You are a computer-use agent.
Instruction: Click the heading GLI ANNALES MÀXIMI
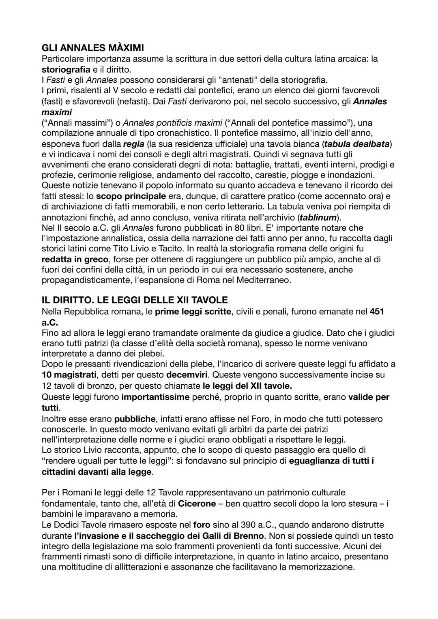[92, 48]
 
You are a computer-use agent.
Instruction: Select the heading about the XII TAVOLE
[134, 300]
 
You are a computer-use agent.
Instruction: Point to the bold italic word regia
[134, 144]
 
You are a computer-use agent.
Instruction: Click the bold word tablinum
[318, 217]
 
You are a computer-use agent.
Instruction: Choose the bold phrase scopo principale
[131, 196]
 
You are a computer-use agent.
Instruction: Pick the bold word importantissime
[155, 397]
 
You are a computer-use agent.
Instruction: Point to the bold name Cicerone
[197, 503]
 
